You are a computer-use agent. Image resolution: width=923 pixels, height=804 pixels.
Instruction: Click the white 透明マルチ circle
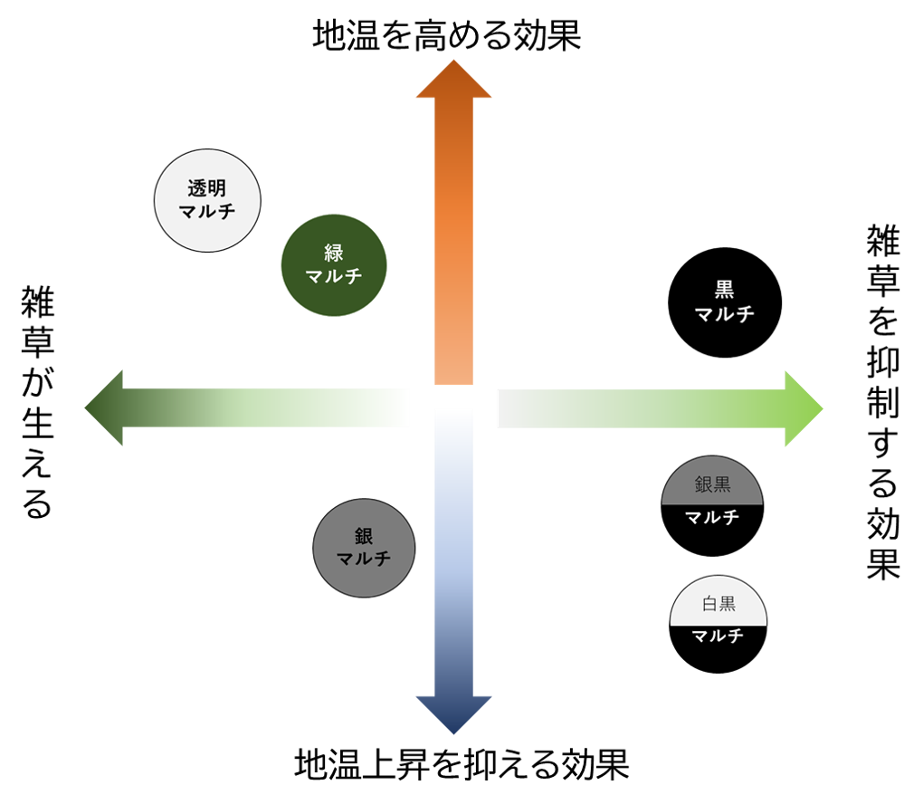[x=207, y=199]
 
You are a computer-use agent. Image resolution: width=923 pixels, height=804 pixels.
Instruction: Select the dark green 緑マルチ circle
[x=334, y=264]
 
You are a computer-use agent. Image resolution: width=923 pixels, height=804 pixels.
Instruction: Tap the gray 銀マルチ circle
[x=364, y=548]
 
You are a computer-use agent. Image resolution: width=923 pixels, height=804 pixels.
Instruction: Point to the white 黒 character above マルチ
[x=724, y=290]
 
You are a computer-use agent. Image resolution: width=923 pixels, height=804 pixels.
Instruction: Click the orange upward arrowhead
[x=453, y=80]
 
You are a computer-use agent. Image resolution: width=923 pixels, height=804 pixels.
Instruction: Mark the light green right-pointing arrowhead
[x=803, y=408]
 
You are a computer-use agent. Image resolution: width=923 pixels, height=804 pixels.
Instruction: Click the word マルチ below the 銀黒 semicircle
[x=712, y=518]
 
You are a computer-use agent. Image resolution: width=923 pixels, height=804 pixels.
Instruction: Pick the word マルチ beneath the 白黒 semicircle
[x=718, y=636]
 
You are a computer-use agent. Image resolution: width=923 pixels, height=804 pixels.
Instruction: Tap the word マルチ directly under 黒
[x=724, y=314]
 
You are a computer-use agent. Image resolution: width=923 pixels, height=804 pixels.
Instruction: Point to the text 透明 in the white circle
[x=206, y=188]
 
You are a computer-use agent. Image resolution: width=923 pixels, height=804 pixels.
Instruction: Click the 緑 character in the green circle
[x=334, y=253]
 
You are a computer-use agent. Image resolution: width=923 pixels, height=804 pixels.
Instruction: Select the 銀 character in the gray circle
[x=364, y=536]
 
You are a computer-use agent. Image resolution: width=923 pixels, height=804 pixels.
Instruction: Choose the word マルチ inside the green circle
[x=334, y=276]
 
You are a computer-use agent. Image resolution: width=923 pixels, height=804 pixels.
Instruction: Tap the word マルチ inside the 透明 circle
[x=207, y=212]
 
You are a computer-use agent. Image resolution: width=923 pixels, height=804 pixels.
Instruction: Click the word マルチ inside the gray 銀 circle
[x=364, y=559]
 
